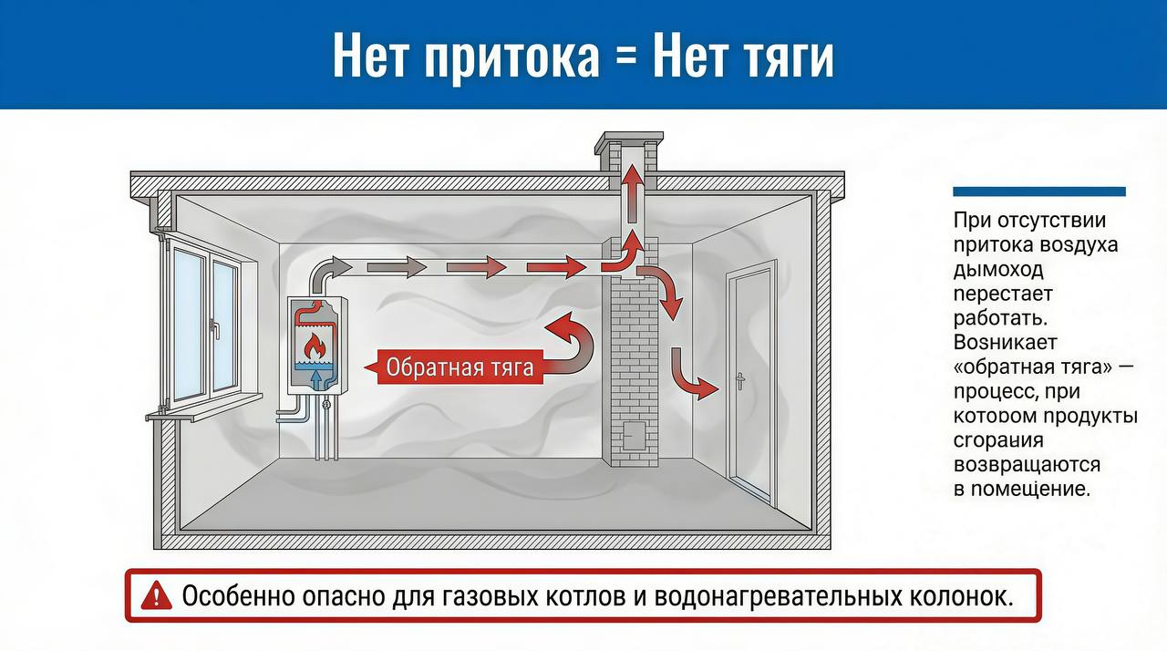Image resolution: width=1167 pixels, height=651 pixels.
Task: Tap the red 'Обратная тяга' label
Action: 459,367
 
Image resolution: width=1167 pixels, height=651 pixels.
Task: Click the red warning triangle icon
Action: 157,596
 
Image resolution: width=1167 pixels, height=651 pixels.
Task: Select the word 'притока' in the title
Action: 511,57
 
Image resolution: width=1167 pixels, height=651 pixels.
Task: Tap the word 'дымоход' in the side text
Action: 998,270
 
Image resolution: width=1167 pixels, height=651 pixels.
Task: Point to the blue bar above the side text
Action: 1038,191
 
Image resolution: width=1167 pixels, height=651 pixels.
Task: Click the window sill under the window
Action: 202,415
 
